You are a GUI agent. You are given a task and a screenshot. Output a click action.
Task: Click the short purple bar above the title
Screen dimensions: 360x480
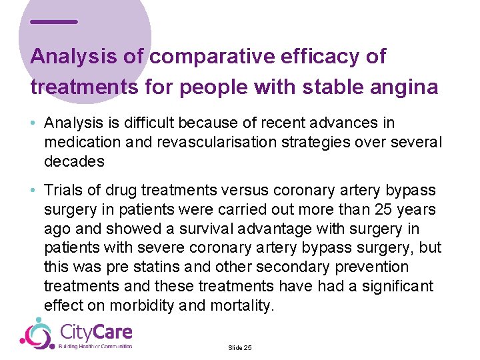(54, 22)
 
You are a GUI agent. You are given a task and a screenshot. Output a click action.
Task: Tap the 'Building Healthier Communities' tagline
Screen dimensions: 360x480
(96, 347)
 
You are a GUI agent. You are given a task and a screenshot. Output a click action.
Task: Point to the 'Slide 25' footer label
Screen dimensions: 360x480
(239, 348)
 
